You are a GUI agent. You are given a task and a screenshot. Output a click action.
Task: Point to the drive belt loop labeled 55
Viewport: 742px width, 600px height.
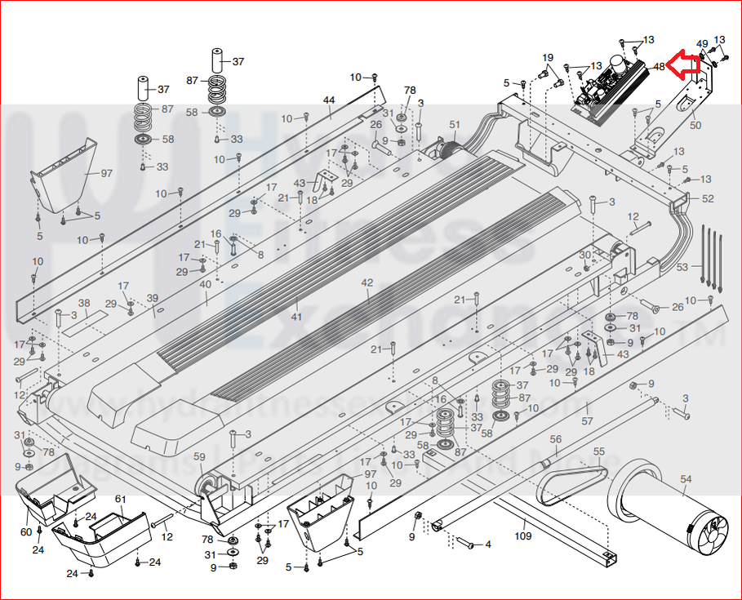(571, 482)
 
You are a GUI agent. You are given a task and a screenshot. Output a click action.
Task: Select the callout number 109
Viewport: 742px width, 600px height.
(522, 536)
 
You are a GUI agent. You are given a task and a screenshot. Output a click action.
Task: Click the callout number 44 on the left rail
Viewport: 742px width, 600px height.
(329, 100)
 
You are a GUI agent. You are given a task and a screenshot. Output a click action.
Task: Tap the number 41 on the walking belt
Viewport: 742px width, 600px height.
(295, 317)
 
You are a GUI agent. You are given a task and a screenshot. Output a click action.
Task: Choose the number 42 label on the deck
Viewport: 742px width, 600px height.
(367, 282)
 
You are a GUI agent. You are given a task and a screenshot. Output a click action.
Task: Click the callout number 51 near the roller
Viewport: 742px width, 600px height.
(454, 125)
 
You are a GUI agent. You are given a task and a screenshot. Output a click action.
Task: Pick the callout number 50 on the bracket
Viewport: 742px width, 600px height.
(695, 126)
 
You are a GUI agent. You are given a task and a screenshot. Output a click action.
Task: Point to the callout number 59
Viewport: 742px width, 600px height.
(199, 456)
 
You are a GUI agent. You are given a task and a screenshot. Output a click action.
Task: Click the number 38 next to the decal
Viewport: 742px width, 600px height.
(83, 304)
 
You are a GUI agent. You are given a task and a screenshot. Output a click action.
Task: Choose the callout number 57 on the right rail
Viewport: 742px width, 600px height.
(586, 421)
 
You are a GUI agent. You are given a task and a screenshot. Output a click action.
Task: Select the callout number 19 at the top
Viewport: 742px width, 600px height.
(548, 58)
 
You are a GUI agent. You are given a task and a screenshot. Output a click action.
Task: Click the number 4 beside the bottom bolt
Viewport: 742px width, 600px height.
(487, 544)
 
